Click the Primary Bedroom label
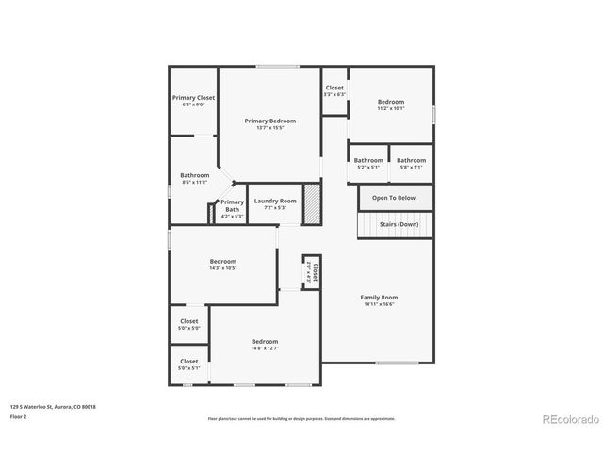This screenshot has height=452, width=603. point(270,121)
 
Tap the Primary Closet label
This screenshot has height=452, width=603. point(193,98)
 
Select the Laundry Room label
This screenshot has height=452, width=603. point(274,201)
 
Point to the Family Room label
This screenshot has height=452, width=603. point(379,298)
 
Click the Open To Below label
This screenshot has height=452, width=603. point(393,198)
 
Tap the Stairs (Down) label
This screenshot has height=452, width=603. point(399,225)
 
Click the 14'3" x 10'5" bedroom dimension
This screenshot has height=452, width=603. point(223,268)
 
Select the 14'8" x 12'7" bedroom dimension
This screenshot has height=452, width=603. point(265,348)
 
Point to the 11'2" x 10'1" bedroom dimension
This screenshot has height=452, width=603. point(391,108)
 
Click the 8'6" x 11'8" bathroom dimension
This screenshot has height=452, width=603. point(195,182)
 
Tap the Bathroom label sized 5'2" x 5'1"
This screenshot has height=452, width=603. point(368,160)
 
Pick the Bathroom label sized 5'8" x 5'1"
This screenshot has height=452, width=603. point(411,160)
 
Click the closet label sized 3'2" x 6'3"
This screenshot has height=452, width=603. point(334,88)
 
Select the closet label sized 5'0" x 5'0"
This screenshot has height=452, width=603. point(189,321)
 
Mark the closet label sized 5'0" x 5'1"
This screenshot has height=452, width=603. point(189,361)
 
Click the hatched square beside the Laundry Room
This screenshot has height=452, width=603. point(312,203)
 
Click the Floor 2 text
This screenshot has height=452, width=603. point(19,416)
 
